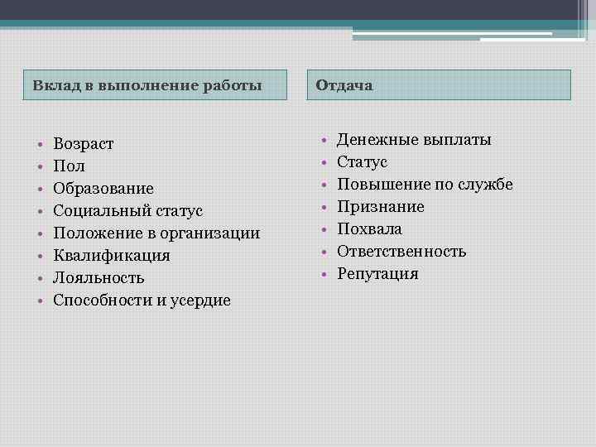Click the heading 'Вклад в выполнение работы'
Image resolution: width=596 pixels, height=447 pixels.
coord(147,85)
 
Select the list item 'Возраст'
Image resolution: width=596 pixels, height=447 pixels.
coord(84,144)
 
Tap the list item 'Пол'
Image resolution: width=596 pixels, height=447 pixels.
coord(69,166)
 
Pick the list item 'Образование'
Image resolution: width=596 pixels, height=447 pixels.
coord(103,189)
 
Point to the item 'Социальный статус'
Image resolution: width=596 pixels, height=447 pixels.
coord(127,211)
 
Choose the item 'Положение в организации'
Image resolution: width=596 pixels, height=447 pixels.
coord(156,233)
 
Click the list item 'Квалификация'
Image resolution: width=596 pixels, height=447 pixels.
coord(112,256)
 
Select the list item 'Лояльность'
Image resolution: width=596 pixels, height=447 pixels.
coord(99,278)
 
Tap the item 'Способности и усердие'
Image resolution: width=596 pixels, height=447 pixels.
coord(142,300)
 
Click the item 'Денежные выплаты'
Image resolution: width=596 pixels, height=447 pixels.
coord(414,139)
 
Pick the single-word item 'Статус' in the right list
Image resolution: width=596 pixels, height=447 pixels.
coord(362,161)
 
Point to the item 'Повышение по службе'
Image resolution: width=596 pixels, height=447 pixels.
coord(425,184)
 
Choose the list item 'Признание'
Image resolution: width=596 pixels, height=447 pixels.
coord(381,206)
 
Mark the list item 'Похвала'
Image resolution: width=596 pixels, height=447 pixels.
coord(369,228)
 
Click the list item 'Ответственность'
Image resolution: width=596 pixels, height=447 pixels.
coord(401,251)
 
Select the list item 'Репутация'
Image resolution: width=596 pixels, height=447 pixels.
coord(377,273)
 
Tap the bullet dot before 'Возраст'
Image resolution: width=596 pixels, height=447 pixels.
coord(39,145)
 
